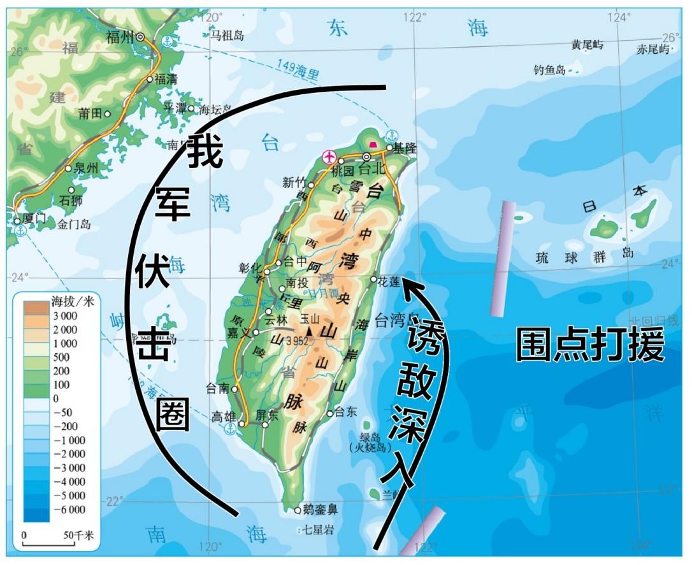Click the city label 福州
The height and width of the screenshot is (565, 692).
[120, 37]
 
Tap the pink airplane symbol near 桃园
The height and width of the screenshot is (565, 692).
[329, 156]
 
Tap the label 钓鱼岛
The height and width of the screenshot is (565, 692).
[550, 70]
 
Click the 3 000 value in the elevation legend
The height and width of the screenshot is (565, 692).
[64, 316]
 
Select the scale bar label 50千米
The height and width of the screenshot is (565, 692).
[78, 536]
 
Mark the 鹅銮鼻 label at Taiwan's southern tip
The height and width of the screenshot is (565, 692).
[321, 509]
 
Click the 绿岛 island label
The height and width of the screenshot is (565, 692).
[370, 437]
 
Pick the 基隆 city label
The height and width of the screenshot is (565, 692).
[405, 148]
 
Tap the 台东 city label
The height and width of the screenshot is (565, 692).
[347, 411]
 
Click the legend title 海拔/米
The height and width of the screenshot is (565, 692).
[72, 301]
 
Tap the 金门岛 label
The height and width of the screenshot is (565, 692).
[74, 224]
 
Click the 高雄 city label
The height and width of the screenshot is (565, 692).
[224, 417]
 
